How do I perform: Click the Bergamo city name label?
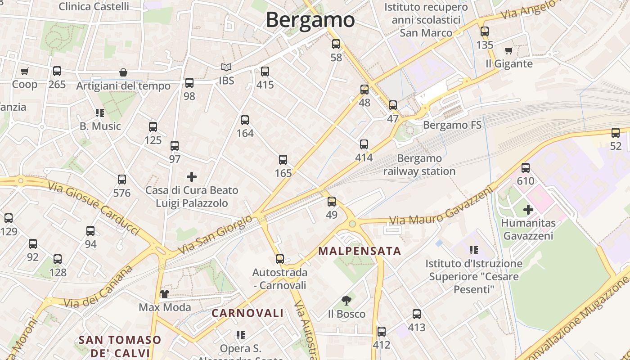[310, 20]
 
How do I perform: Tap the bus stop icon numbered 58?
[336, 44]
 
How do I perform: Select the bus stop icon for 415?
[265, 72]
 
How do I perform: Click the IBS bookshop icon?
[226, 67]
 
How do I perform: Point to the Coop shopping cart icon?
[25, 71]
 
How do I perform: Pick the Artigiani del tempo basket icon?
[123, 72]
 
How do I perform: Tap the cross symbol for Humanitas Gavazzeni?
[528, 210]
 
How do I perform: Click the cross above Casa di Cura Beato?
[192, 177]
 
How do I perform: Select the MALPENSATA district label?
[360, 251]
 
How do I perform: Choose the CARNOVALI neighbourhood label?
[247, 313]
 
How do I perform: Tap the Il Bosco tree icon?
[346, 301]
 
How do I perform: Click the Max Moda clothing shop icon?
[165, 294]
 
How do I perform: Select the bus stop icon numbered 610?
[526, 168]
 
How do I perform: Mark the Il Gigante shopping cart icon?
[509, 50]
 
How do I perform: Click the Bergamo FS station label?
[452, 125]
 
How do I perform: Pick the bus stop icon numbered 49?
[332, 202]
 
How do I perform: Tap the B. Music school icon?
[100, 113]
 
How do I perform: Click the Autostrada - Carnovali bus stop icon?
[280, 259]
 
